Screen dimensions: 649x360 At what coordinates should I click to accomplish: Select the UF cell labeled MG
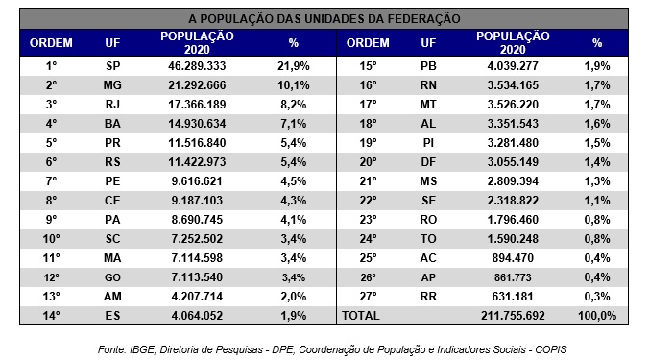pos(113,84)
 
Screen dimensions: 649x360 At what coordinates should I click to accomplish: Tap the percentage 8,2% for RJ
pos(293,103)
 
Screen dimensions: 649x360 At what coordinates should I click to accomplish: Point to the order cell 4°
pos(52,122)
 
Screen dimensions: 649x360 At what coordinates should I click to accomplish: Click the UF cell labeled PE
pos(113,180)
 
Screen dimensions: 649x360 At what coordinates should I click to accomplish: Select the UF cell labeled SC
pos(113,237)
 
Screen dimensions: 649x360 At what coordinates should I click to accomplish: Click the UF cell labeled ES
pos(113,315)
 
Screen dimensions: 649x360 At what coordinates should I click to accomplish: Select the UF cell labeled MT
pos(429,103)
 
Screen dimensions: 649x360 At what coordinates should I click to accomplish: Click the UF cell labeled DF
pos(429,160)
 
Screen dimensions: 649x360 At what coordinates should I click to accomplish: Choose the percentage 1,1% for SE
pos(596,199)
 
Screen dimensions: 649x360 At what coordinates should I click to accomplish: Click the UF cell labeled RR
pos(429,295)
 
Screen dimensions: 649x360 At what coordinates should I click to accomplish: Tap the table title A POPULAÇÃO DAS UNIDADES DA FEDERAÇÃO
pos(324,18)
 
